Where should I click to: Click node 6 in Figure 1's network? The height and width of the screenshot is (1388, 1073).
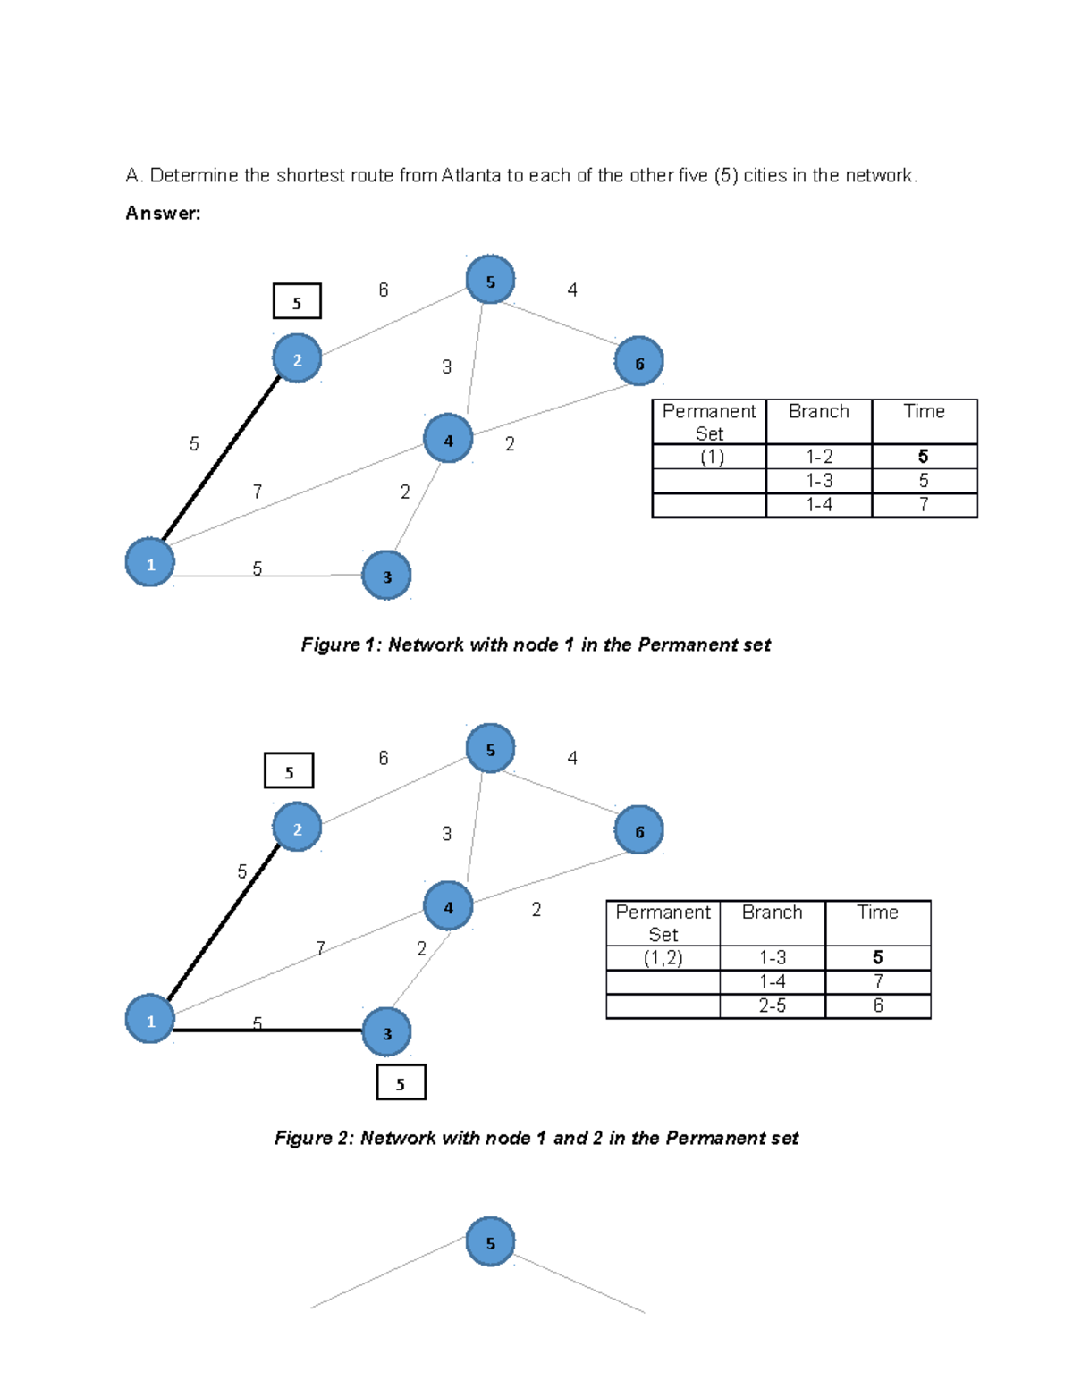click(x=638, y=361)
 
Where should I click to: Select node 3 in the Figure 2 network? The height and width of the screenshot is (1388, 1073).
click(x=386, y=1032)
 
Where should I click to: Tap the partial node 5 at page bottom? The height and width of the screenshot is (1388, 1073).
click(x=490, y=1241)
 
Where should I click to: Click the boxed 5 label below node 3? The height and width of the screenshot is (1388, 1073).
click(x=401, y=1082)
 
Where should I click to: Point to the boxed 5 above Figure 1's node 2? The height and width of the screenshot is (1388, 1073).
click(x=297, y=301)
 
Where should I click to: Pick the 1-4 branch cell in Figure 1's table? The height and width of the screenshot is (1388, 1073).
click(x=818, y=505)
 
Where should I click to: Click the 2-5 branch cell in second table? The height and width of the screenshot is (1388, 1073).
click(x=772, y=1005)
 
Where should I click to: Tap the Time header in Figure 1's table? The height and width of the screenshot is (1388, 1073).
click(x=924, y=412)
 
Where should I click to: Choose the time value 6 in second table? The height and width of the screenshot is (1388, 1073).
click(x=877, y=1005)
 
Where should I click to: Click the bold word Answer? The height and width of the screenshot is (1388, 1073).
click(x=163, y=214)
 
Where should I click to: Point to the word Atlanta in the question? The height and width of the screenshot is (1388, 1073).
click(x=470, y=175)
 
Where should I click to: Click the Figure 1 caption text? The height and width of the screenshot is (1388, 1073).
click(x=535, y=644)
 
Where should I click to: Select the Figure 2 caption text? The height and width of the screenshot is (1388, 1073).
click(x=536, y=1138)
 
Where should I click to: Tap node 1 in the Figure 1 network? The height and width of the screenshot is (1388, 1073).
click(x=149, y=562)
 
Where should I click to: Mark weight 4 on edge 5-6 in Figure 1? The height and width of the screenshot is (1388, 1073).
click(x=572, y=290)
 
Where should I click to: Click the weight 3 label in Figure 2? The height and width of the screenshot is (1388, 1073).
click(x=446, y=834)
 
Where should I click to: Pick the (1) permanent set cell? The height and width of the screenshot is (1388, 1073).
click(x=711, y=457)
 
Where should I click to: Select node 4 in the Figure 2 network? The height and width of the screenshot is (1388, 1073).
click(x=447, y=905)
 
